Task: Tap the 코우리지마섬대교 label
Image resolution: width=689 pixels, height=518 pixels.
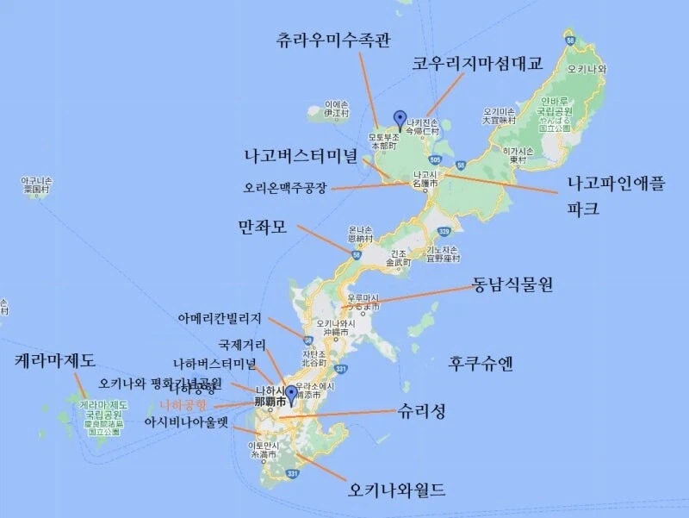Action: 477,64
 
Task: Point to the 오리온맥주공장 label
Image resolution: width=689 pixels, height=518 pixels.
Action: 287,187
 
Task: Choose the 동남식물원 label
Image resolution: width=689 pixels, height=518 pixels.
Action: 512,287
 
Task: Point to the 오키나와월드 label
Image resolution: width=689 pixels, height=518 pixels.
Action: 397,491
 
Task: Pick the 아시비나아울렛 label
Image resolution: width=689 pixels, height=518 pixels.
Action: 187,422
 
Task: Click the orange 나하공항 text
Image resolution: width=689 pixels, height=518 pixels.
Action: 183,404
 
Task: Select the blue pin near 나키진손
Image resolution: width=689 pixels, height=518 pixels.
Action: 399,119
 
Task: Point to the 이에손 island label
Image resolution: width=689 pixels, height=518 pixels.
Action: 336,106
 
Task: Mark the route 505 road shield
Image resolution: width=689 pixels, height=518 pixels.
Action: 437,159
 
